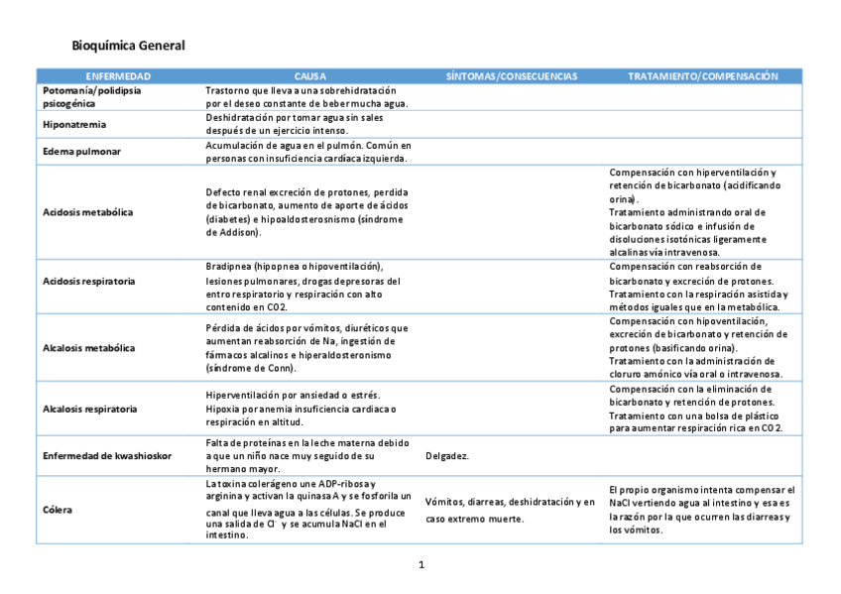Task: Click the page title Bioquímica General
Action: coord(128,46)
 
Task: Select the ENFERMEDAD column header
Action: coord(118,76)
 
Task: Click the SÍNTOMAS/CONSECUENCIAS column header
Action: coord(511,76)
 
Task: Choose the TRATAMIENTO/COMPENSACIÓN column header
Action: coord(702,76)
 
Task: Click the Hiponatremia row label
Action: coord(74,125)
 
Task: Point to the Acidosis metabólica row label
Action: coord(88,212)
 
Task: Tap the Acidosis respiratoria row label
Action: coord(89,282)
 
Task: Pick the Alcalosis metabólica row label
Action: coord(88,348)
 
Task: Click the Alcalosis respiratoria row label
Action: coord(89,409)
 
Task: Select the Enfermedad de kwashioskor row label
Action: coord(107,455)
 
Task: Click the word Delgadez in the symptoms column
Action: coord(446,456)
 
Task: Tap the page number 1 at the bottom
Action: coord(421,565)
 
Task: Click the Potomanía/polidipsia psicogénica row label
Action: coord(91,95)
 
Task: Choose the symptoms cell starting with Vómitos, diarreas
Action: coord(510,510)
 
